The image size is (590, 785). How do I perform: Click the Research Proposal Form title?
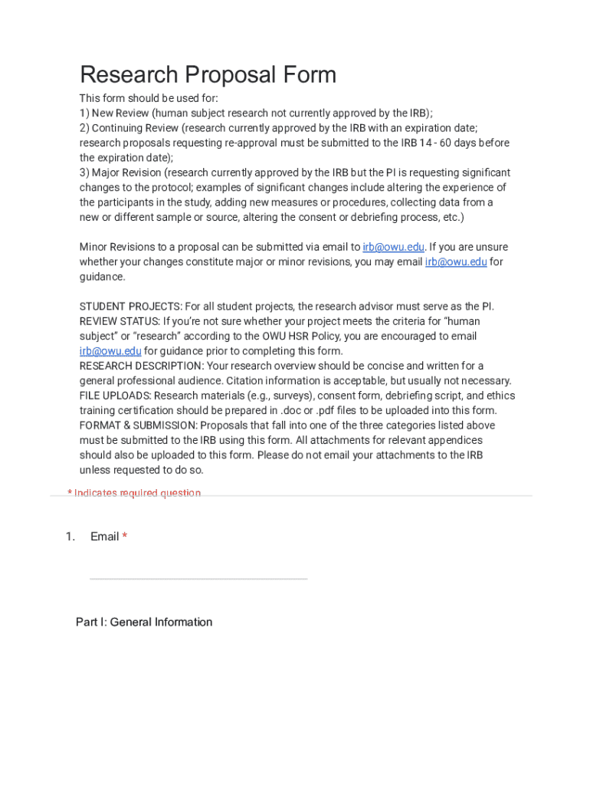pyautogui.click(x=208, y=75)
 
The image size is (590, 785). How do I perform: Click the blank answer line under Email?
pyautogui.click(x=198, y=577)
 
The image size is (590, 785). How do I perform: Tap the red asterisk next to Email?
pyautogui.click(x=125, y=537)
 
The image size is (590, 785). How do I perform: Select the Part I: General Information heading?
pyautogui.click(x=144, y=622)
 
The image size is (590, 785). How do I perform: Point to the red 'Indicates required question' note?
pyautogui.click(x=134, y=493)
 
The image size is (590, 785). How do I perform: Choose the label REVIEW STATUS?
pyautogui.click(x=120, y=321)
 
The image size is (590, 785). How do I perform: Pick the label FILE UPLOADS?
pyautogui.click(x=116, y=396)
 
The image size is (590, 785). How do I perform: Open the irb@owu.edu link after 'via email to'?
pyautogui.click(x=393, y=247)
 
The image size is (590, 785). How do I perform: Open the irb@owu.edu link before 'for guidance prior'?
pyautogui.click(x=110, y=351)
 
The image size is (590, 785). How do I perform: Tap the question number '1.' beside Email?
pyautogui.click(x=70, y=537)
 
